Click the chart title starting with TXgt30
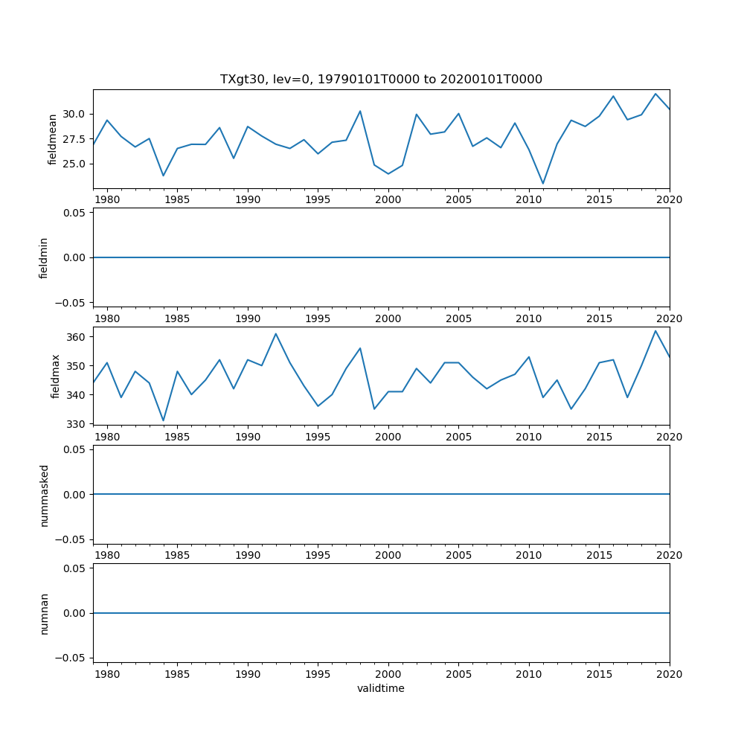pos(381,79)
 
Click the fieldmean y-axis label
pos(52,139)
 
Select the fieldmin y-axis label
pos(44,257)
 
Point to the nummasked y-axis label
pos(44,495)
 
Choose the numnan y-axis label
pos(44,613)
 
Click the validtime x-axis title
pos(381,688)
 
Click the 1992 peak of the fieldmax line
pos(276,333)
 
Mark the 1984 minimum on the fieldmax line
pos(164,421)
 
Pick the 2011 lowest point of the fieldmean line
pos(543,184)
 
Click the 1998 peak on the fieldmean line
pos(360,111)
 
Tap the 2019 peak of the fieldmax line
pos(655,331)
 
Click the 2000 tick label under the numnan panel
pos(388,674)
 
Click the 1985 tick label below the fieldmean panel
pos(177,199)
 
